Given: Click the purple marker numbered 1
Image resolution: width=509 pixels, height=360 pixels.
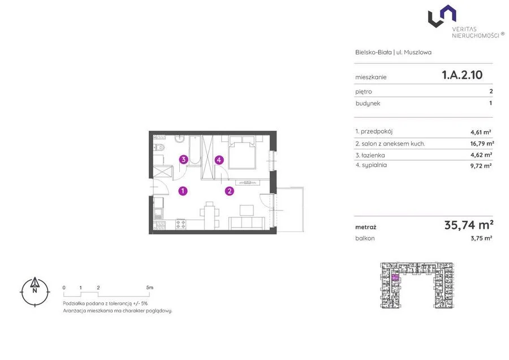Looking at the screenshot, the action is pos(183,191).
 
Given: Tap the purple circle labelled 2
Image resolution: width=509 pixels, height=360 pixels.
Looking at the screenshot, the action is pos(230,191).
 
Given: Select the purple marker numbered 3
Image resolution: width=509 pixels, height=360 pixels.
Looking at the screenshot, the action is pos(183,159).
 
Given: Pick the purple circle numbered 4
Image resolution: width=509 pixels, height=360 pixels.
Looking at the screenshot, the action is pos(219,160).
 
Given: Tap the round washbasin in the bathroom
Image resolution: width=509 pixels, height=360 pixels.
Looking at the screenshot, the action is pos(179,139).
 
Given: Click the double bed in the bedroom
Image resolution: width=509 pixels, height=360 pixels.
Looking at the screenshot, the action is pos(242,152).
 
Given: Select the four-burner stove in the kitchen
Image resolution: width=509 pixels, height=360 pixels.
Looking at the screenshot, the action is pos(181,224).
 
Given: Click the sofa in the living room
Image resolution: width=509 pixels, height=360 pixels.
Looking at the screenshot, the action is pos(247,224).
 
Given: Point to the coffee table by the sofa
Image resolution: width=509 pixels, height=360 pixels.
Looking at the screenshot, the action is pos(247,210).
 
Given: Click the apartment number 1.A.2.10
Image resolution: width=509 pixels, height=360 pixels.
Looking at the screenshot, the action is pos(462,75).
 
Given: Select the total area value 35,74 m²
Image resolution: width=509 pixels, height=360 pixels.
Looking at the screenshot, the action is pos(469,225).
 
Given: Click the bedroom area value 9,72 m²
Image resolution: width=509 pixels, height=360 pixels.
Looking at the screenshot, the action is pos(481,166).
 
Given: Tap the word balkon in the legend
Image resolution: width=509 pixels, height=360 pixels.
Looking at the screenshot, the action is pos(365,238).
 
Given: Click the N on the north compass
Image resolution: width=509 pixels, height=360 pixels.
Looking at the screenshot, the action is pos(34,291).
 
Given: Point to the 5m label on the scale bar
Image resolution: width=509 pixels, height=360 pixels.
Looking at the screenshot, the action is pos(150,287).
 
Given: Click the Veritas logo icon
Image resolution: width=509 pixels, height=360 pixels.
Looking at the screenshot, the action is pos(442,16).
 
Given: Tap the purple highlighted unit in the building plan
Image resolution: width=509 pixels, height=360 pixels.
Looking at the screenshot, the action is pos(395,277).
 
